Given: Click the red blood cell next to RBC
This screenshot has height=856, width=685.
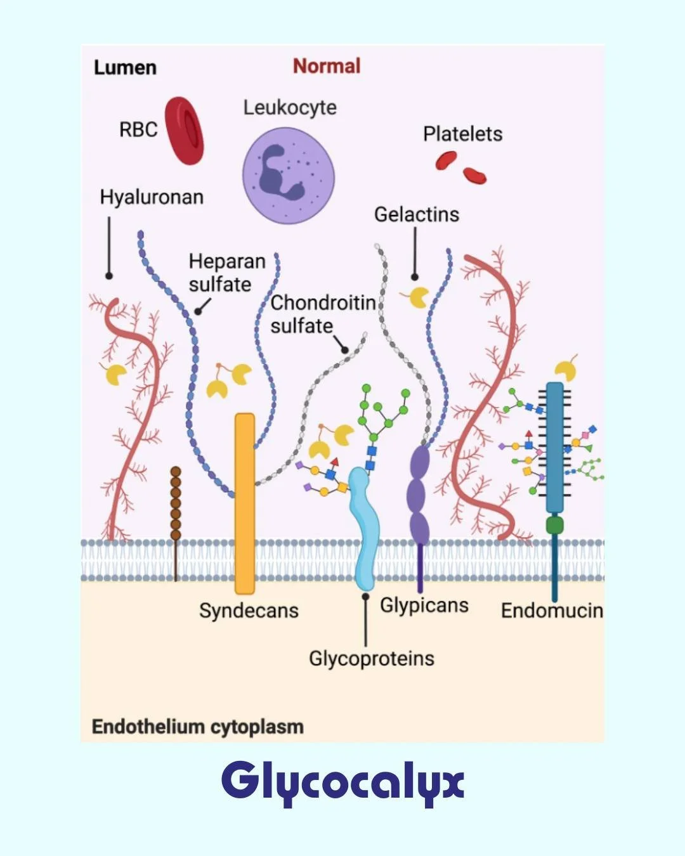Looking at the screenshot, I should click(185, 131).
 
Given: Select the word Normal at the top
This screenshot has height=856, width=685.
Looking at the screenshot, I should click(327, 66).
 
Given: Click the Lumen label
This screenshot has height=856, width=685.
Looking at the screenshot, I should click(125, 67).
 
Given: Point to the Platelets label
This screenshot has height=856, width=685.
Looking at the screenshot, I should click(462, 134).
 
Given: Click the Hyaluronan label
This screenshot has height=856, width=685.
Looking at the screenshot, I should click(152, 197).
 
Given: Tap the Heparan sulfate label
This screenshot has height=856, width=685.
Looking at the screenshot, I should click(226, 273).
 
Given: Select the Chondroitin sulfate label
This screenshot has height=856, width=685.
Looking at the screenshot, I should click(322, 314).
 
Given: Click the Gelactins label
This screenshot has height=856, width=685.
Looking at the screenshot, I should click(416, 214).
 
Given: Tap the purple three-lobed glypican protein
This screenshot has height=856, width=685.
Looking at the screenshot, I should click(419, 495).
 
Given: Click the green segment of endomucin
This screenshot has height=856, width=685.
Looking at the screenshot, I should click(554, 524).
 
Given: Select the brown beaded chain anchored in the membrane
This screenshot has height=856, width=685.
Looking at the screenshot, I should click(176, 504).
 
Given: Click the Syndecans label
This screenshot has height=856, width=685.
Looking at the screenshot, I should click(249, 611).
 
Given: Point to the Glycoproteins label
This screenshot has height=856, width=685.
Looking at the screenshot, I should click(371, 658).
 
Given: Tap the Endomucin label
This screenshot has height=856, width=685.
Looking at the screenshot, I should click(551, 611).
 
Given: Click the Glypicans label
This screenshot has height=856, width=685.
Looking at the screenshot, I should click(424, 605).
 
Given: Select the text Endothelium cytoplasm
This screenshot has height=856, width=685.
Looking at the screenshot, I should click(197, 727).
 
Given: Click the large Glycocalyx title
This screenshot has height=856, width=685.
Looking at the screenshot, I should click(342, 782).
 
